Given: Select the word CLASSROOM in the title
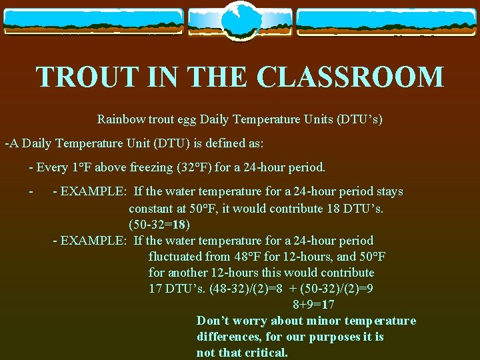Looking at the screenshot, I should (x=350, y=77).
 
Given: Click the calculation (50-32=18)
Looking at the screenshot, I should (x=159, y=224).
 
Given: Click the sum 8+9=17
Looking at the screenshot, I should (x=313, y=305).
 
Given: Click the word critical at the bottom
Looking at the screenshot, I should (x=265, y=353).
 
